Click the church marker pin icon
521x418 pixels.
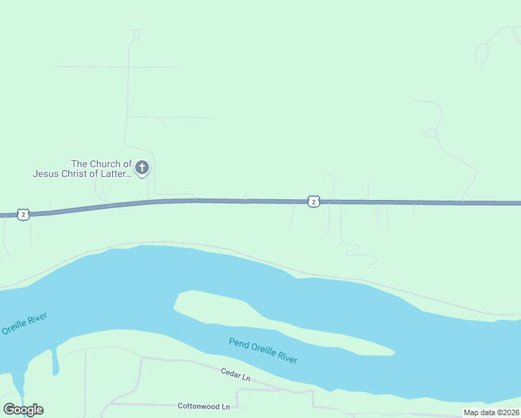click(x=142, y=168)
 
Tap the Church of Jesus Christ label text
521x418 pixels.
click(x=82, y=169)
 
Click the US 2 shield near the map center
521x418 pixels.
click(x=313, y=201)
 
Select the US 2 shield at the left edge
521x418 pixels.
click(x=24, y=215)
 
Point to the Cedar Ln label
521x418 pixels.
click(x=235, y=376)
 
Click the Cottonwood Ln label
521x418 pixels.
click(x=203, y=406)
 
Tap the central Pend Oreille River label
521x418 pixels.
click(x=263, y=350)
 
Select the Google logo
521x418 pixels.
click(x=23, y=410)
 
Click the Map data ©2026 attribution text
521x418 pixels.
click(x=491, y=412)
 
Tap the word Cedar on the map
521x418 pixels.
click(x=230, y=373)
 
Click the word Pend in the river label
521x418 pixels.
click(x=238, y=343)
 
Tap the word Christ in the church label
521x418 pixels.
click(x=75, y=173)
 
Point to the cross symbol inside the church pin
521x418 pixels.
click(x=142, y=167)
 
